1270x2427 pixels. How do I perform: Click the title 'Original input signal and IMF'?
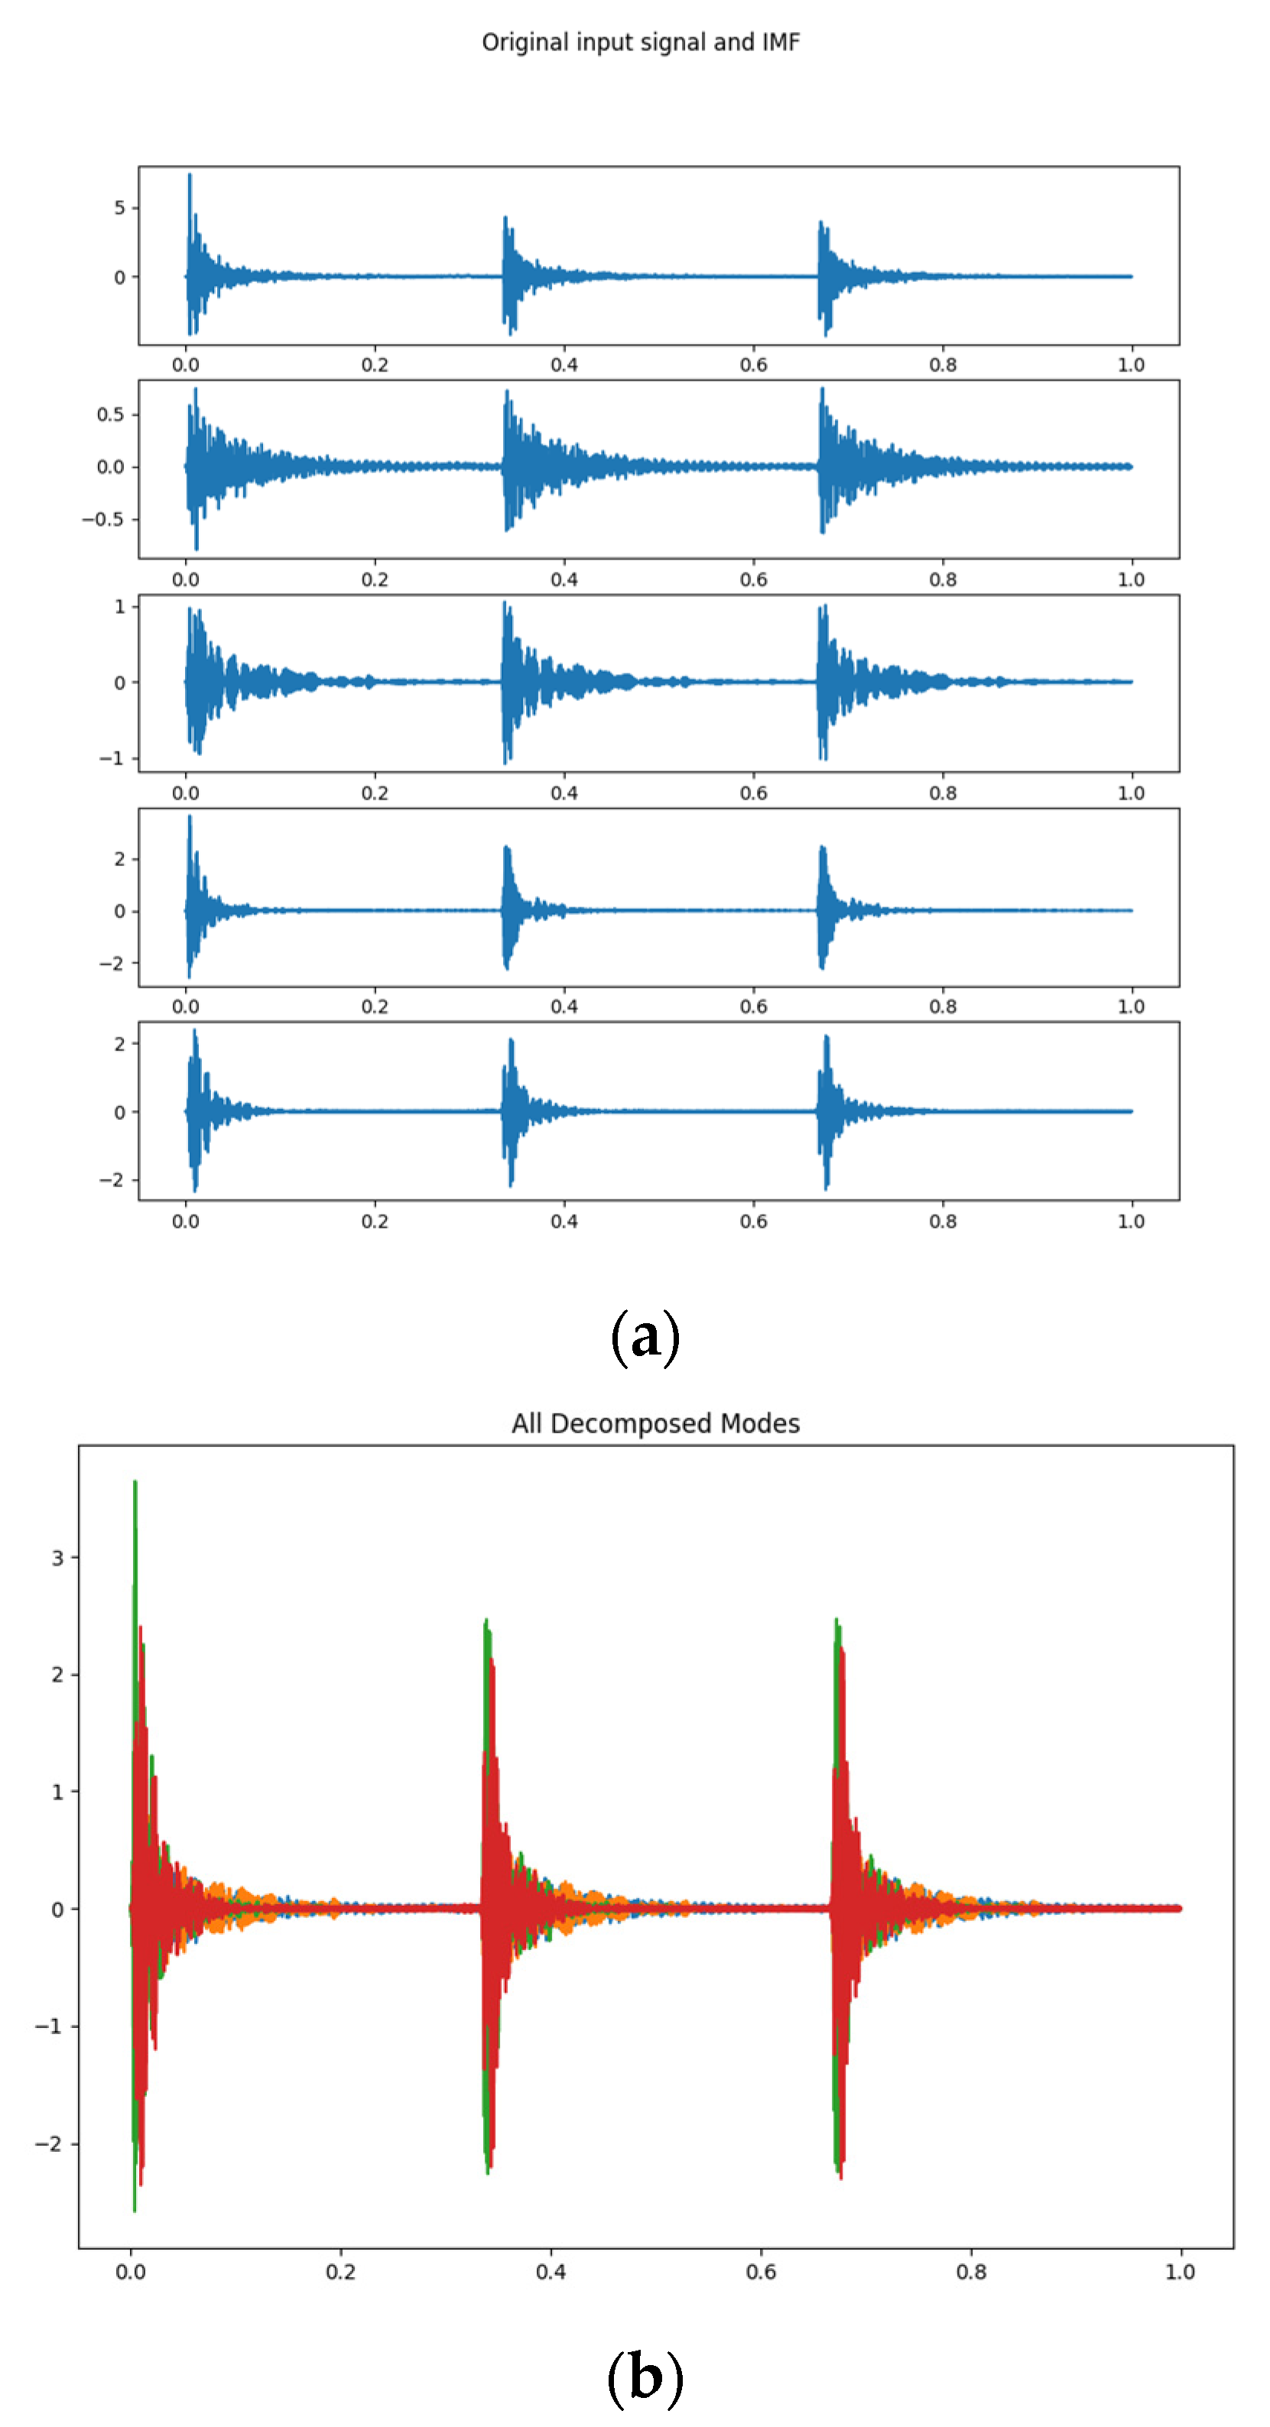point(641,42)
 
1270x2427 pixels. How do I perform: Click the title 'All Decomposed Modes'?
point(656,1423)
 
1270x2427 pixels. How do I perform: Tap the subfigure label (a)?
point(645,1336)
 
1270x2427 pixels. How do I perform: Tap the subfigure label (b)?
point(645,2375)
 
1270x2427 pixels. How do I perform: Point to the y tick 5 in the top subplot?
point(119,207)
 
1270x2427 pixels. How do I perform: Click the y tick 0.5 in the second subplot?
point(110,414)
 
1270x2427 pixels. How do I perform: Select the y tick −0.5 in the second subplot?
point(104,519)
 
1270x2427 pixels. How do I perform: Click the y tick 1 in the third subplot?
point(119,607)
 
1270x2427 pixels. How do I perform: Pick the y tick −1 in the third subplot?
point(113,758)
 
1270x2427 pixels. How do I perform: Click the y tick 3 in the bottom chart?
point(58,1559)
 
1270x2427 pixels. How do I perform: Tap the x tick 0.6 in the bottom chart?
point(762,2272)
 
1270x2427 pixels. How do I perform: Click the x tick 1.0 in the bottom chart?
point(1181,2272)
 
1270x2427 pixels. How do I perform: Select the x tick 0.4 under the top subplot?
point(564,365)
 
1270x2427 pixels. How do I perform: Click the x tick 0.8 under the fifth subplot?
point(943,1221)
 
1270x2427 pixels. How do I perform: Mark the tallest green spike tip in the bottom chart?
point(135,1483)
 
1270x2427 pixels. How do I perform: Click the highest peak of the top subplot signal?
point(190,175)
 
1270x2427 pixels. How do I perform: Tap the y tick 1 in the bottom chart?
point(58,1791)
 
